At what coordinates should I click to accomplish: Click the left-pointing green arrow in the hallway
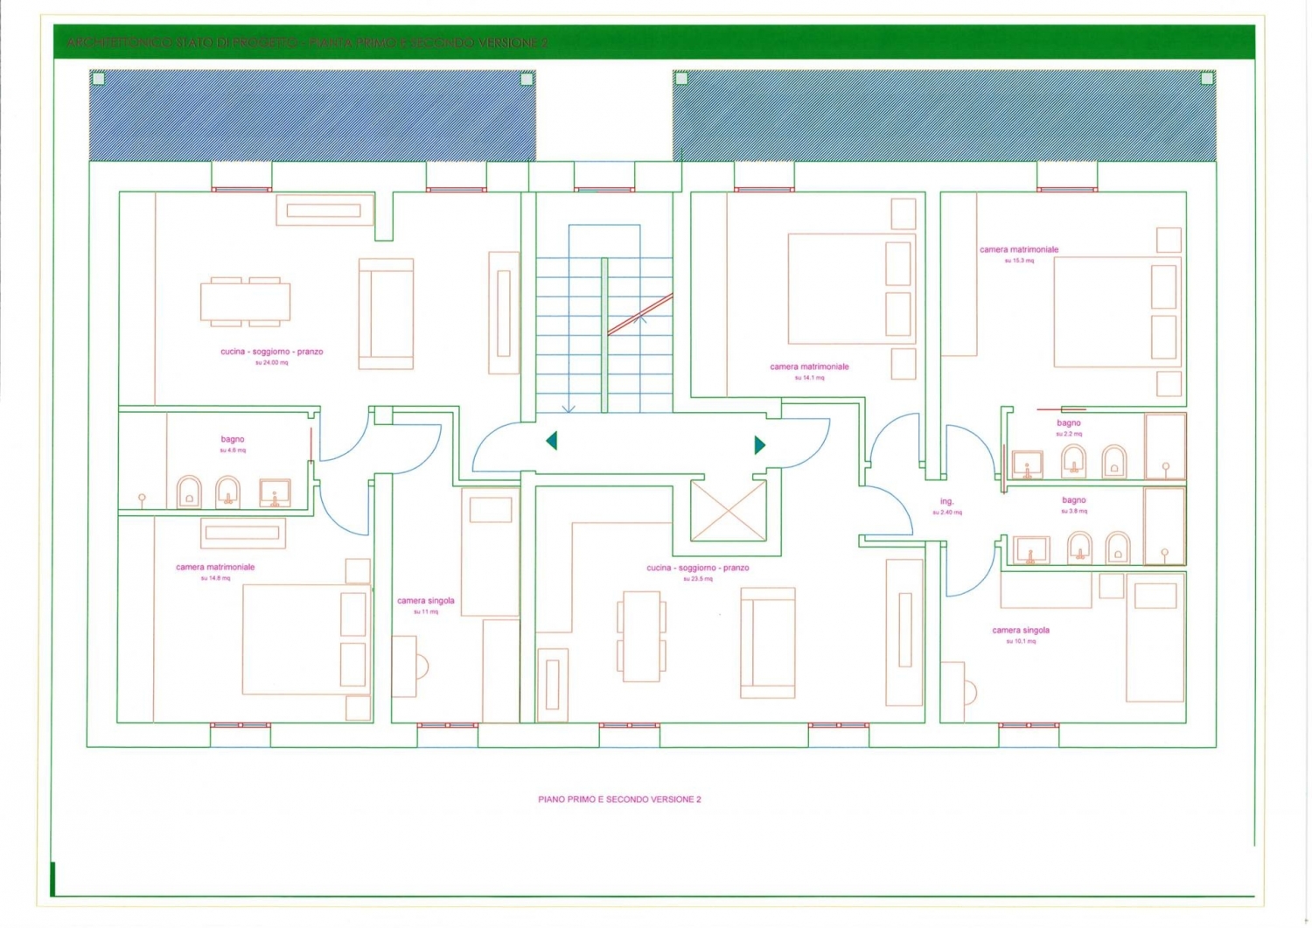coord(552,441)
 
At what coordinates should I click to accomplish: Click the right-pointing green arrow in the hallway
coord(759,445)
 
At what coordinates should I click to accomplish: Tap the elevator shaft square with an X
coord(729,511)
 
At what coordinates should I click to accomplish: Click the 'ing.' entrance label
coord(946,502)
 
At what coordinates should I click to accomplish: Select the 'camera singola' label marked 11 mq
coord(426,601)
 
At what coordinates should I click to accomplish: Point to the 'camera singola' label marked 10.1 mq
coord(1021,631)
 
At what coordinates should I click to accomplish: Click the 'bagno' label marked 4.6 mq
coord(233,440)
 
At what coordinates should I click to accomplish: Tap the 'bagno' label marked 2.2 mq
coord(1068,423)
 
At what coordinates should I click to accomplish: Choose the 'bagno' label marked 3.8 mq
coord(1073,500)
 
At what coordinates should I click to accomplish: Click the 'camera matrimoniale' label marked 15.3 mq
coord(1019,250)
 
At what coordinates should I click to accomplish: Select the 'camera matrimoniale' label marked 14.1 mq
coord(809,367)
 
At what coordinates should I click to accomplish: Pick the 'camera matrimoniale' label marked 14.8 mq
coord(215,568)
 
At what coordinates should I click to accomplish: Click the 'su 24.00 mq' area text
coord(271,362)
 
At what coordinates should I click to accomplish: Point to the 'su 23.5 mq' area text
coord(698,579)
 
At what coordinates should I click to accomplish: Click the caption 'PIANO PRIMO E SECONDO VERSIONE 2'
coord(619,799)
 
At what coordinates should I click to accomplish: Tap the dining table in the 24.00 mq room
coord(245,302)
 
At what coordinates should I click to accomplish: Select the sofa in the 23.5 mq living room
coord(768,643)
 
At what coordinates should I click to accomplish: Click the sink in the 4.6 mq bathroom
coord(275,492)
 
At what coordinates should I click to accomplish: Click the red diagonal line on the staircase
coord(640,314)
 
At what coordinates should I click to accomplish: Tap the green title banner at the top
coord(654,42)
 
